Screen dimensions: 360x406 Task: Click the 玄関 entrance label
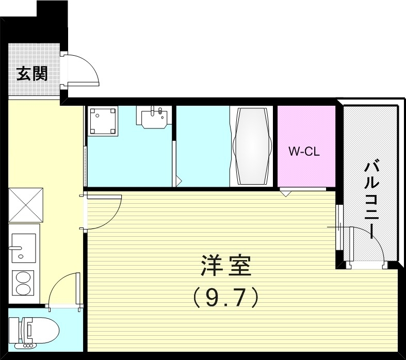pos(33,74)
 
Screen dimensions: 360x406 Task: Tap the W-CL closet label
pos(304,152)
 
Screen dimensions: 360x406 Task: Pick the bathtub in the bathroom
pos(253,145)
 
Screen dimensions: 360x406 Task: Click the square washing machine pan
pos(103,121)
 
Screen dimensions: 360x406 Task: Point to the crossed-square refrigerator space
pos(25,205)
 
